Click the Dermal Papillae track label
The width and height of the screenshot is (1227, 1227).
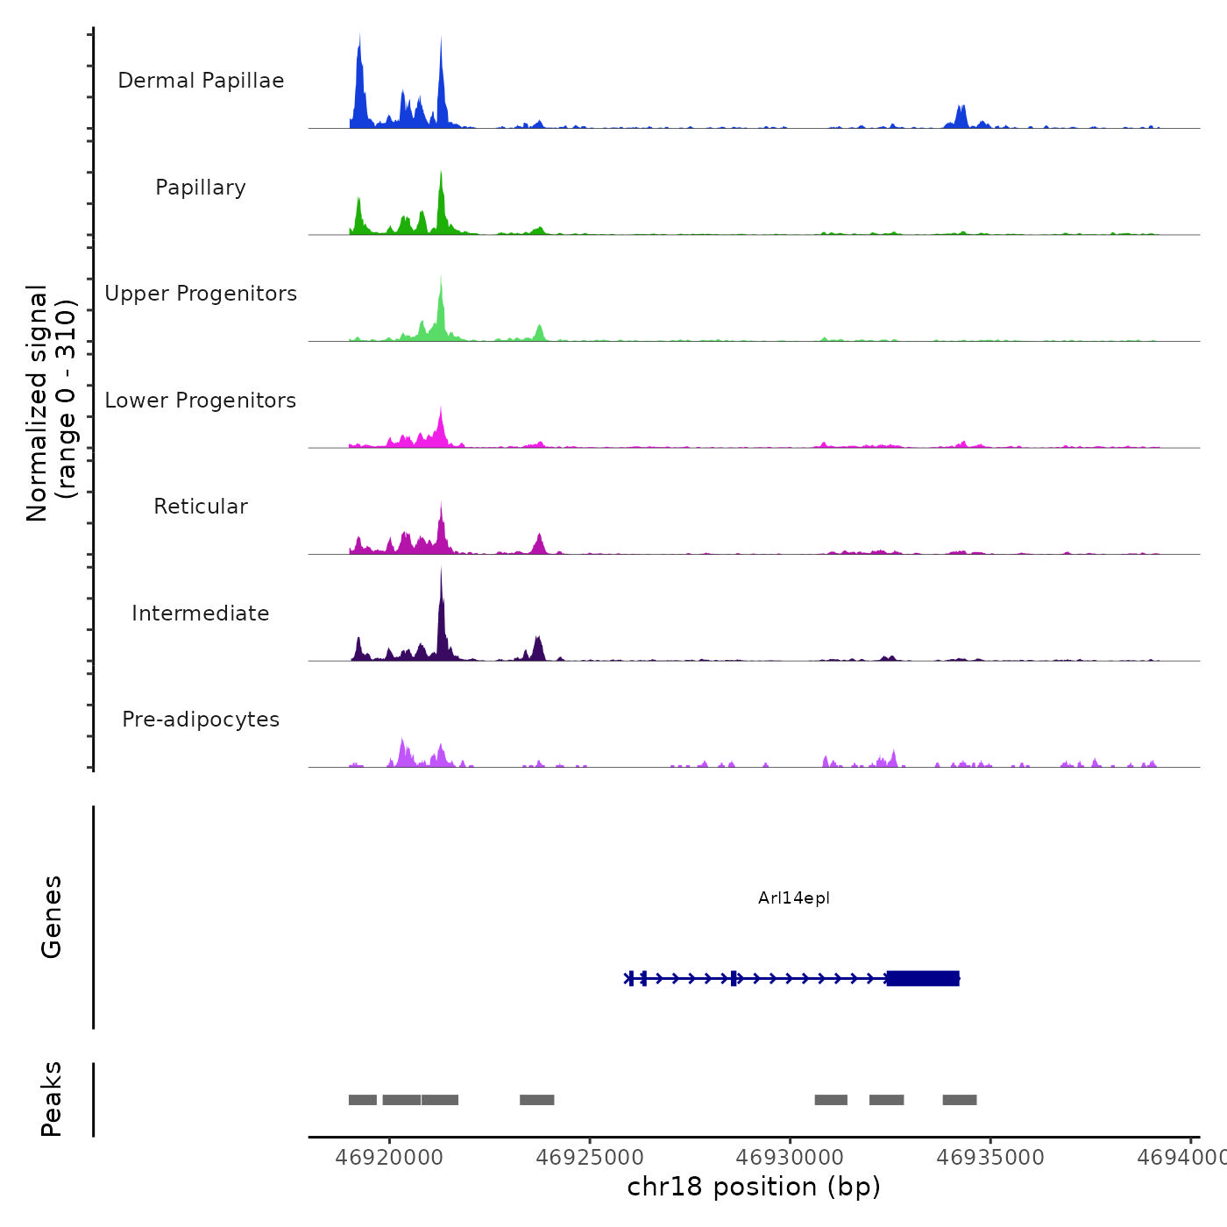tap(201, 81)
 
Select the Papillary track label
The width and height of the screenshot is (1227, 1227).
tap(201, 188)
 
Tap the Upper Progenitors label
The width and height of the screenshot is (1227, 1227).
tap(201, 294)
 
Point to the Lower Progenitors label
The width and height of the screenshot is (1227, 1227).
tap(201, 401)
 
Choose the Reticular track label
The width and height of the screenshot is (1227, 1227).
tap(201, 507)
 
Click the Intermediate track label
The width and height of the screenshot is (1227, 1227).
tap(201, 613)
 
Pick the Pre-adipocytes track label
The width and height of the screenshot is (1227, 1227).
tap(201, 720)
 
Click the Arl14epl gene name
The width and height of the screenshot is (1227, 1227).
tap(793, 898)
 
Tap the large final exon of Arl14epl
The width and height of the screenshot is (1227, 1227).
tap(923, 978)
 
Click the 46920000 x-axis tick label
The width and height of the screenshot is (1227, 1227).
tap(389, 1158)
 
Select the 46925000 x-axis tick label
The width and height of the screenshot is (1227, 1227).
tap(590, 1158)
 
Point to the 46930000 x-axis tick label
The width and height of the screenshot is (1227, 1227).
tap(790, 1158)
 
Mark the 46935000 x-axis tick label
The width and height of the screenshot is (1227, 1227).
tap(990, 1158)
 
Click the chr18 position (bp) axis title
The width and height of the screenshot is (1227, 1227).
tap(754, 1187)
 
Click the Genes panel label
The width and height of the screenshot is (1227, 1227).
tap(52, 917)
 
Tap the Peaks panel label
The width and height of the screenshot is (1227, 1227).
tap(52, 1099)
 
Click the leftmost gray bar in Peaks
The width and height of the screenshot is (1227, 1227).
tap(363, 1100)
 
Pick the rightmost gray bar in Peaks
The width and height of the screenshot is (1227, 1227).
tap(960, 1100)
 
